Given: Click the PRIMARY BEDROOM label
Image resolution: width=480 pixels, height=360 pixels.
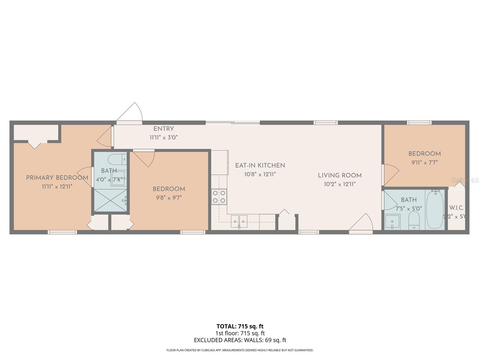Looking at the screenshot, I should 57,178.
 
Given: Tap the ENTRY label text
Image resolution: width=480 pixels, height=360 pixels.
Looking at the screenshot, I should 163,129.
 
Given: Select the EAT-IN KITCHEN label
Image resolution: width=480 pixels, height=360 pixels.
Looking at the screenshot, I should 260,165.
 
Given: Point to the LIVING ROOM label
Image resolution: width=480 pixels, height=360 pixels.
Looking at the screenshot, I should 340,175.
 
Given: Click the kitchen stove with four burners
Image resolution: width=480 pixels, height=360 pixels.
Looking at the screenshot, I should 219,197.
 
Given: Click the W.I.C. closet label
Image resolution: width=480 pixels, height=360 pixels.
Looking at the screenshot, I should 456,208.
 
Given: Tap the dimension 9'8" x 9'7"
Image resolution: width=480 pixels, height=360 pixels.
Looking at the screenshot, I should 169,197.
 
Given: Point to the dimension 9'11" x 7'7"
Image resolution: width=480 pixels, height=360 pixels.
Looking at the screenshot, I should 424,162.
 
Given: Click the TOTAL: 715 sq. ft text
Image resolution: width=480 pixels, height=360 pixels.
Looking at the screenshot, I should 240,326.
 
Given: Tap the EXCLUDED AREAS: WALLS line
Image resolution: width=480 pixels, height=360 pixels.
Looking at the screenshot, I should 240,340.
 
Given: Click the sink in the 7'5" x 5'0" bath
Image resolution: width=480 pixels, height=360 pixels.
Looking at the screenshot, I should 392,222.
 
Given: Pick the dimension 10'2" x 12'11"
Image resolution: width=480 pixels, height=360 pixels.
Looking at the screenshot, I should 340,184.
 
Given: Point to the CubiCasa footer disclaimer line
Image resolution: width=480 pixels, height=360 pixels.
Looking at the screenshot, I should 240,350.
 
